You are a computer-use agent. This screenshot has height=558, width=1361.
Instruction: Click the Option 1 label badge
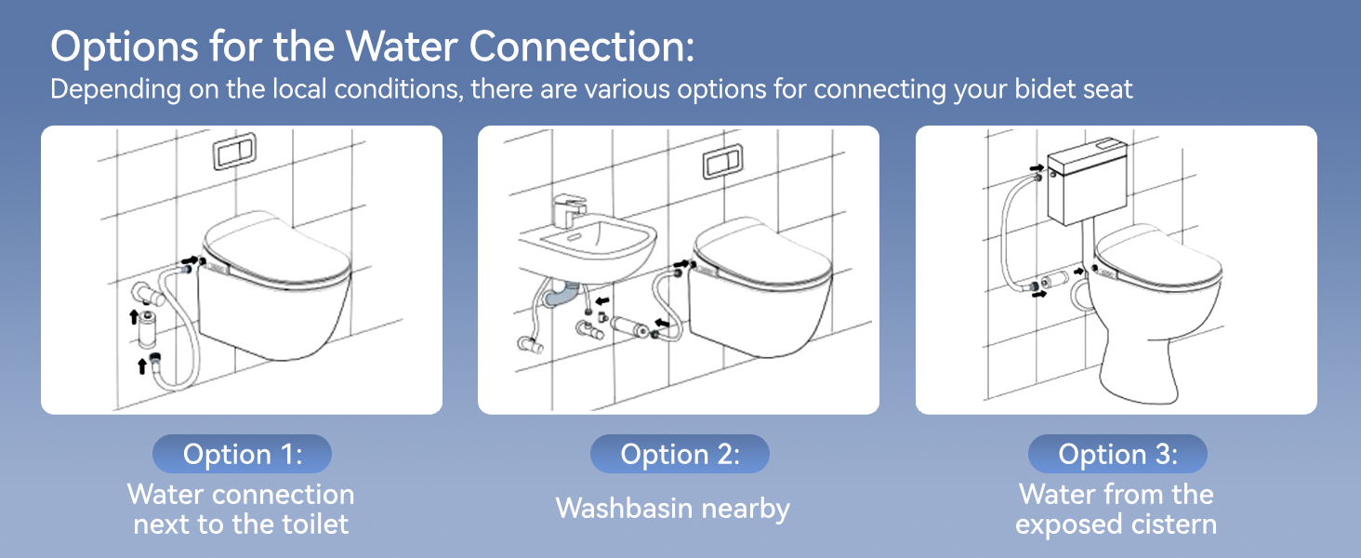242,454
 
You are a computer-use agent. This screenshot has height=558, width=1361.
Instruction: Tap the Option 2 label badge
680,454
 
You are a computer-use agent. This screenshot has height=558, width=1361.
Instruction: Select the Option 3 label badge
1117,454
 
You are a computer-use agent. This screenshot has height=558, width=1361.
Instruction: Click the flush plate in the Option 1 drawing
234,152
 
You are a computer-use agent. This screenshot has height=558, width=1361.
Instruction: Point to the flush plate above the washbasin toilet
723,162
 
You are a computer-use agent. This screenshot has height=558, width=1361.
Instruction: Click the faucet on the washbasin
569,210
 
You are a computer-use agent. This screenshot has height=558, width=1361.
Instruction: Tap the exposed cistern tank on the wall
1088,181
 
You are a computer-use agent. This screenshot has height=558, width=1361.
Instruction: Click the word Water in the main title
402,46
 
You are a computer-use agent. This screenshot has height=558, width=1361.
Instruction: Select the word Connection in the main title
581,46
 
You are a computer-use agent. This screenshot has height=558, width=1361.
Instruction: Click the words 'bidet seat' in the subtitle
1074,89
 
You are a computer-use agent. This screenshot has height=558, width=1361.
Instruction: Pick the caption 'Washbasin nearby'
673,508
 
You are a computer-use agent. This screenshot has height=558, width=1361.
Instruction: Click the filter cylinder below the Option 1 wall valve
147,329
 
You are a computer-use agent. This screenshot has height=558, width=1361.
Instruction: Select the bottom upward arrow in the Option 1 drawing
142,365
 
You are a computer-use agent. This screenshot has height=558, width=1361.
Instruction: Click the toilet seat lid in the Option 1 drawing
276,249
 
